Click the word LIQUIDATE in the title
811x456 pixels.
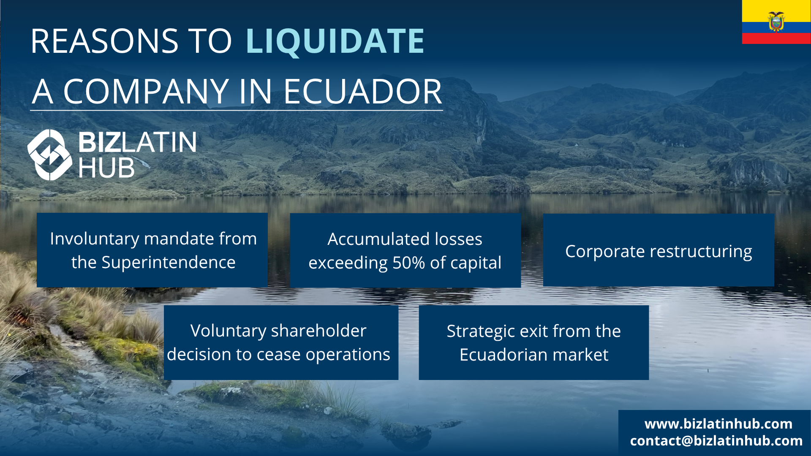pyautogui.click(x=335, y=41)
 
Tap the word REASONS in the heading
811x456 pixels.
pyautogui.click(x=104, y=41)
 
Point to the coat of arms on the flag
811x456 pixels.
pyautogui.click(x=776, y=22)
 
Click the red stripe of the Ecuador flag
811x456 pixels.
pyautogui.click(x=776, y=38)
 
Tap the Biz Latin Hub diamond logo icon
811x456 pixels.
pyautogui.click(x=50, y=155)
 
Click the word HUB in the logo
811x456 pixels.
pyautogui.click(x=106, y=168)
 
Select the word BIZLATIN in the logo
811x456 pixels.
pyautogui.click(x=137, y=142)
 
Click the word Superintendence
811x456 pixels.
pyautogui.click(x=168, y=263)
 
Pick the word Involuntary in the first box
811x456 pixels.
pyautogui.click(x=95, y=239)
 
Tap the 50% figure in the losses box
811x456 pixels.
pyautogui.click(x=408, y=263)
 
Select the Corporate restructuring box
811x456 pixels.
pyautogui.click(x=659, y=250)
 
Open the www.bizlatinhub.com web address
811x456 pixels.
pyautogui.click(x=718, y=423)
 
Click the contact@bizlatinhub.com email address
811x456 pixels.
pyautogui.click(x=716, y=441)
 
